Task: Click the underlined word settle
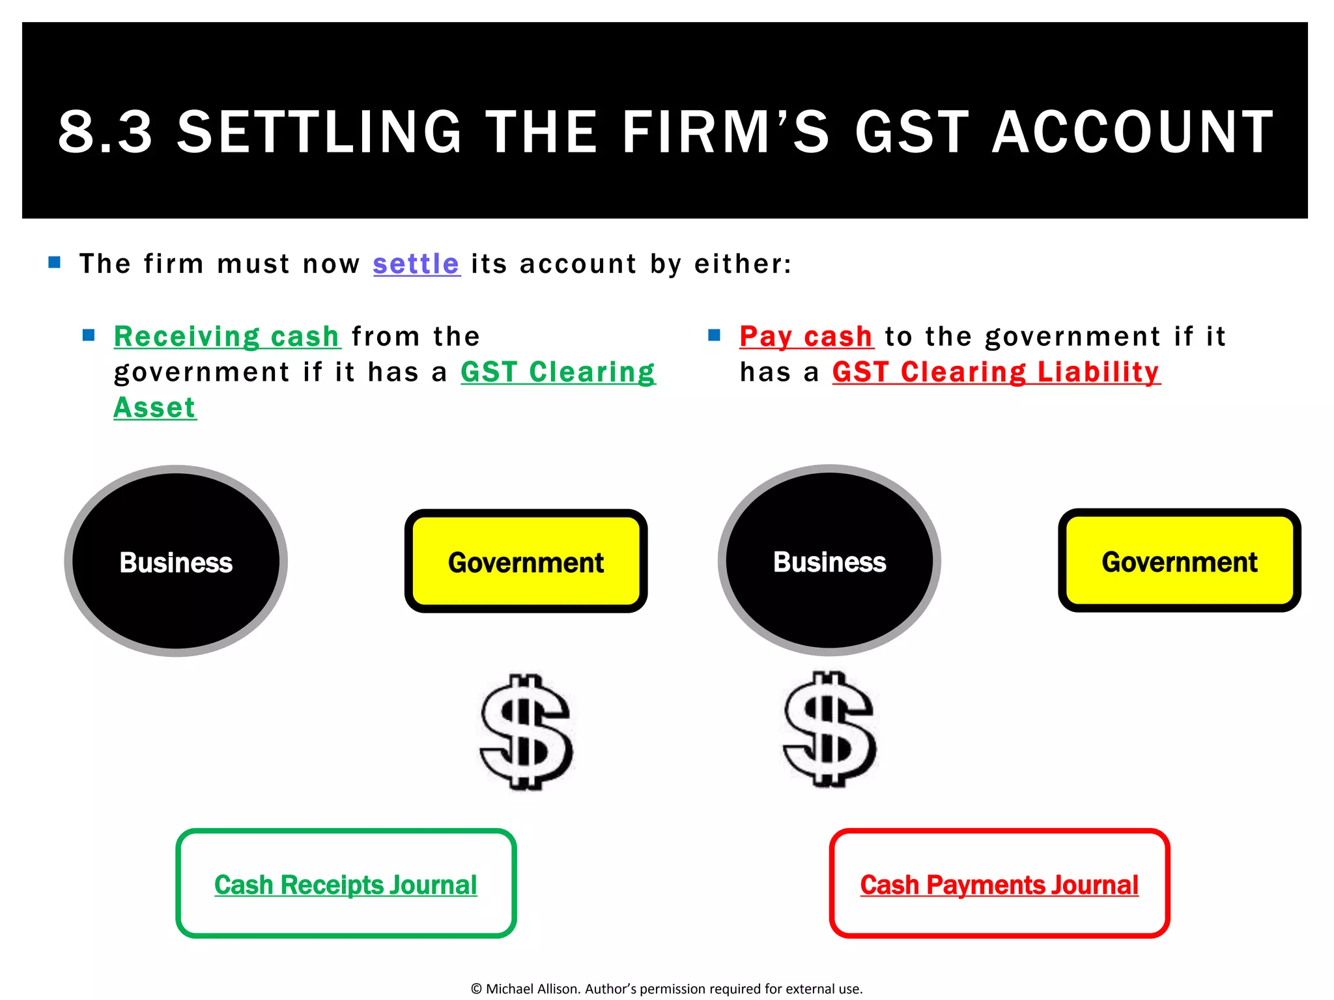pyautogui.click(x=416, y=264)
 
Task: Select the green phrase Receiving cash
pyautogui.click(x=227, y=337)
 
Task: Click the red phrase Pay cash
pyautogui.click(x=806, y=337)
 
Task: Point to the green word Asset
pyautogui.click(x=155, y=408)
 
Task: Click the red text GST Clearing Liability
pyautogui.click(x=996, y=372)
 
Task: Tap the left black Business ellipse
pyautogui.click(x=176, y=561)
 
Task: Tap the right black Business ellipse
pyautogui.click(x=829, y=561)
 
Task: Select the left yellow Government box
pyautogui.click(x=526, y=561)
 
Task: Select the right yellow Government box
pyautogui.click(x=1179, y=561)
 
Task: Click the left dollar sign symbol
pyautogui.click(x=526, y=732)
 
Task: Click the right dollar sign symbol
pyautogui.click(x=829, y=730)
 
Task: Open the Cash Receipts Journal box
pyautogui.click(x=346, y=883)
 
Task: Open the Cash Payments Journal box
pyautogui.click(x=999, y=883)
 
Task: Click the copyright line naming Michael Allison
pyautogui.click(x=666, y=989)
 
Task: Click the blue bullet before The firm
pyautogui.click(x=55, y=263)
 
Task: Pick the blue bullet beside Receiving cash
pyautogui.click(x=89, y=335)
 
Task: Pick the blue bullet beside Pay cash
pyautogui.click(x=715, y=335)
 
